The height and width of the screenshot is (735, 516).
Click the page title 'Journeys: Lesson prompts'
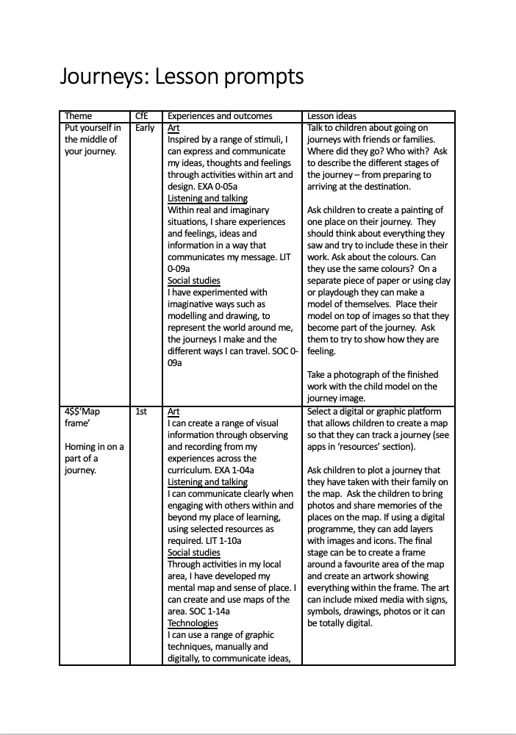pyautogui.click(x=182, y=77)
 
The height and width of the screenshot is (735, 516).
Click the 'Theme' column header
pyautogui.click(x=79, y=116)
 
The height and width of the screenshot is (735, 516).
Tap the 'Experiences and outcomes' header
pyautogui.click(x=220, y=116)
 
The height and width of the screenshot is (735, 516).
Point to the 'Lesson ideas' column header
pyautogui.click(x=332, y=116)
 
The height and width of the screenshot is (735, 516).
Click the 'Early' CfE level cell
pyautogui.click(x=146, y=128)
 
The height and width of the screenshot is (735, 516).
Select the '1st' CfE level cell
pyautogui.click(x=142, y=412)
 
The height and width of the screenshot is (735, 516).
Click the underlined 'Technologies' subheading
pyautogui.click(x=193, y=623)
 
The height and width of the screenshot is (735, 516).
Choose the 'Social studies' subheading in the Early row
pyautogui.click(x=193, y=281)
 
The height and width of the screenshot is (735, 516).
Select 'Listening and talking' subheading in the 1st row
pyautogui.click(x=207, y=482)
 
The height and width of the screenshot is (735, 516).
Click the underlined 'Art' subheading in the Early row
pyautogui.click(x=174, y=128)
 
